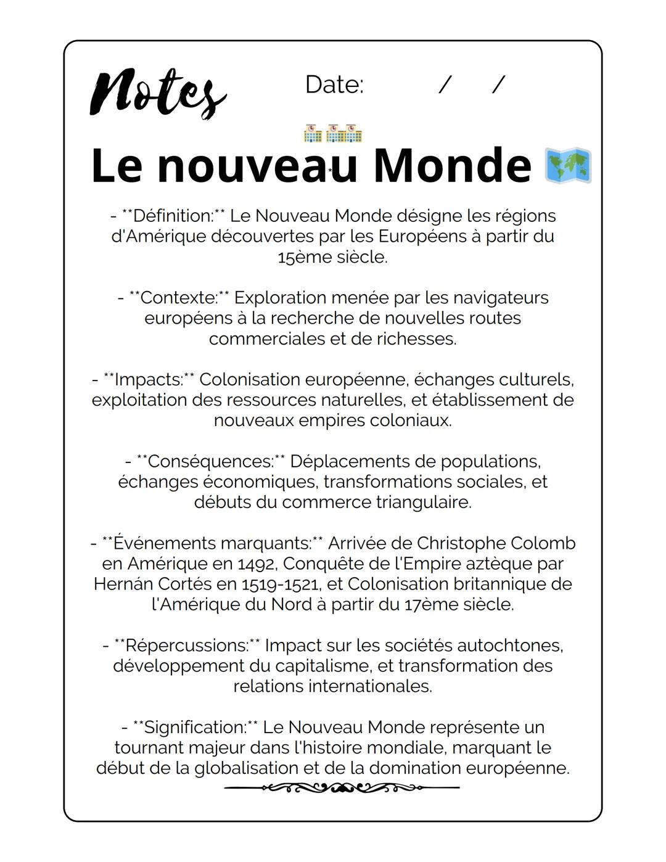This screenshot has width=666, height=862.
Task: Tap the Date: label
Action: click(334, 85)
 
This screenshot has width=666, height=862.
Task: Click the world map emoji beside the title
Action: click(568, 165)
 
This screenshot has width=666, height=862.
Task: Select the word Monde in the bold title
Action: click(451, 165)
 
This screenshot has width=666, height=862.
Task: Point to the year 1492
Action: click(257, 564)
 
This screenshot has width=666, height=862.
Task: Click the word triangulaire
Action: click(424, 503)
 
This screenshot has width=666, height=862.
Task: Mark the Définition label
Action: click(173, 216)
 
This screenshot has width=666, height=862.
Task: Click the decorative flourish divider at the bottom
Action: click(342, 787)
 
